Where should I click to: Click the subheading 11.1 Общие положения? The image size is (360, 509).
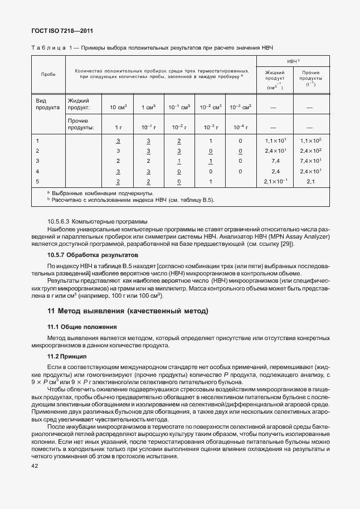pyautogui.click(x=81, y=327)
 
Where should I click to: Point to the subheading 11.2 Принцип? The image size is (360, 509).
pyautogui.click(x=67, y=356)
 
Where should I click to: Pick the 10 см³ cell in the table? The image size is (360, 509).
pyautogui.click(x=118, y=106)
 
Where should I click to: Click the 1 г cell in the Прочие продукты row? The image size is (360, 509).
pyautogui.click(x=118, y=128)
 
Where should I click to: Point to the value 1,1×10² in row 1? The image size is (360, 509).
pyautogui.click(x=310, y=141)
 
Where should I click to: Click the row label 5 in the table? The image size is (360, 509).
pyautogui.click(x=38, y=182)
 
